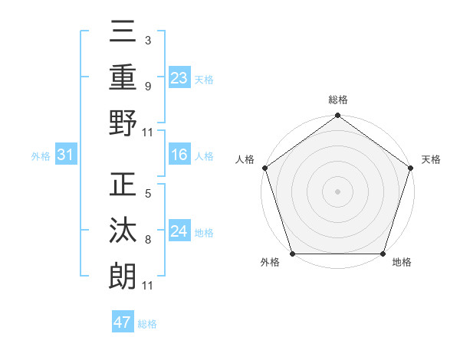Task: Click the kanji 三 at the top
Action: (123, 34)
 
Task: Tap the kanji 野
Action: (123, 123)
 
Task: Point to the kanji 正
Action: (123, 186)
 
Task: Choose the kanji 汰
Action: (123, 231)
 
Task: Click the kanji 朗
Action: (123, 276)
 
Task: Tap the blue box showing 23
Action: (179, 77)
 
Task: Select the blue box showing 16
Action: (179, 155)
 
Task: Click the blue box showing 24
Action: (179, 231)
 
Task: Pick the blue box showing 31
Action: (65, 155)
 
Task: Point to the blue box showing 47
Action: (123, 322)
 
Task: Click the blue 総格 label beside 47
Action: (147, 324)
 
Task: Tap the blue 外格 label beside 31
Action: (41, 156)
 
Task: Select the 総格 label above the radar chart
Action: (337, 100)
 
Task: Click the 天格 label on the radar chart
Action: (431, 159)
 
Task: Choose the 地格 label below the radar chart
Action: (402, 263)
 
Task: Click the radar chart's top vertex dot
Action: (337, 116)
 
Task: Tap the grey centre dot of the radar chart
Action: (337, 191)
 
